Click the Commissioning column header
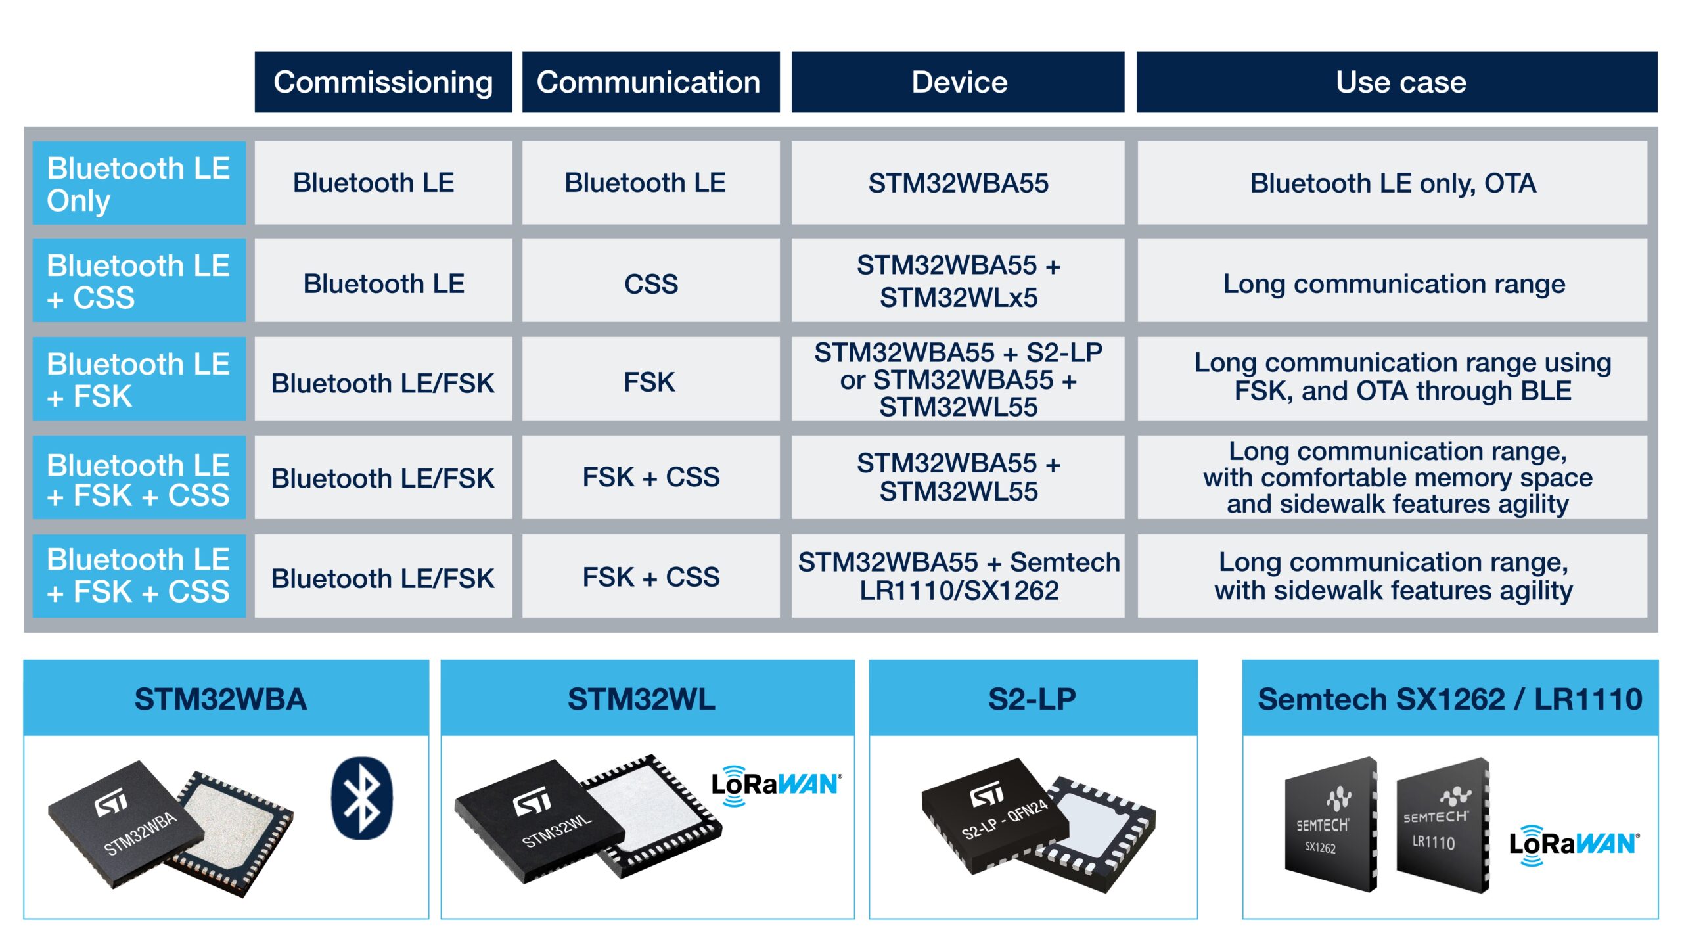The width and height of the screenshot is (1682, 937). (x=383, y=82)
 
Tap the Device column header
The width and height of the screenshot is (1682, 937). (x=958, y=82)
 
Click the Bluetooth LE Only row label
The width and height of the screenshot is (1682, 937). (x=139, y=183)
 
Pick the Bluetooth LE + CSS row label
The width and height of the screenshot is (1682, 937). (x=139, y=281)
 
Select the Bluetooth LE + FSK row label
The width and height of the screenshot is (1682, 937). (x=139, y=379)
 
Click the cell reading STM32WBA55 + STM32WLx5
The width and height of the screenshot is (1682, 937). (x=958, y=281)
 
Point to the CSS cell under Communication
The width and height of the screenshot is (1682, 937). (x=650, y=284)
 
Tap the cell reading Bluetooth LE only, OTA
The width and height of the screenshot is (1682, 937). (x=1392, y=183)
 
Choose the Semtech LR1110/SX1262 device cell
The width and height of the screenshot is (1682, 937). (x=958, y=576)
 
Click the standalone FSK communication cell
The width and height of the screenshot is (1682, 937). (x=649, y=382)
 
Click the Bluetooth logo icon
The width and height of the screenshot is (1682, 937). (x=361, y=798)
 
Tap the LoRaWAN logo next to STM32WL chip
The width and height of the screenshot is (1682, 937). (x=775, y=785)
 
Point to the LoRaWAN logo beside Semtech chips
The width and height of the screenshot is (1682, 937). (x=1574, y=844)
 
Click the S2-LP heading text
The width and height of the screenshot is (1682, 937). (x=1032, y=699)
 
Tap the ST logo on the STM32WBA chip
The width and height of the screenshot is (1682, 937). (x=112, y=803)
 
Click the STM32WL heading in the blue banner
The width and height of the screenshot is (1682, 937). (x=641, y=699)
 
